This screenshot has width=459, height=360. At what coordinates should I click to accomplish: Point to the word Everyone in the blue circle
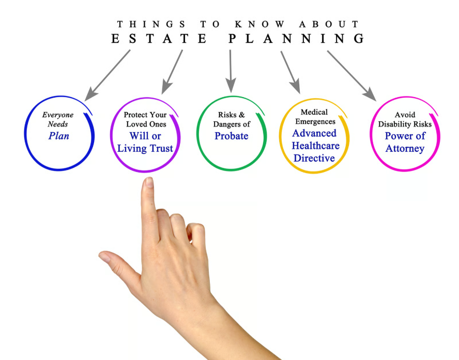click(x=58, y=115)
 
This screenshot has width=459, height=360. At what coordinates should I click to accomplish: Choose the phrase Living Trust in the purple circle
click(x=145, y=149)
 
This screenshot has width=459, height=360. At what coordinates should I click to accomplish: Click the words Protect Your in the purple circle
click(x=145, y=115)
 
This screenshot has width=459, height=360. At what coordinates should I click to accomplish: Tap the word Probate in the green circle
click(x=232, y=136)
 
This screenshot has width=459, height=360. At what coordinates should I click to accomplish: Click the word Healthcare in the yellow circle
click(x=315, y=146)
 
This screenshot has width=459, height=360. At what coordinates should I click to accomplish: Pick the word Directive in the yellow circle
click(x=314, y=158)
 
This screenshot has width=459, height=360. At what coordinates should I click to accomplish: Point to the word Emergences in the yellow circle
click(x=314, y=122)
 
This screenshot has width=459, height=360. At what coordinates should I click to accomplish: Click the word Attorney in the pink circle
click(x=405, y=149)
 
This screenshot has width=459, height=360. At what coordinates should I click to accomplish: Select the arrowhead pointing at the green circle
click(x=231, y=85)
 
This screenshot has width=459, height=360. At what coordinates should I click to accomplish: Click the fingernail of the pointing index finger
click(x=149, y=183)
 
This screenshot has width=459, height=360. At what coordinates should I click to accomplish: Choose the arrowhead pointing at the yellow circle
click(x=295, y=87)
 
